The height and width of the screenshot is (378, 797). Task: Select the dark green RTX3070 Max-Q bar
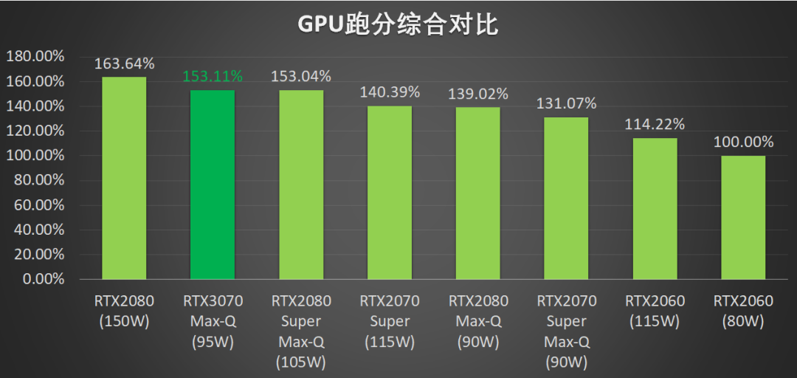click(213, 185)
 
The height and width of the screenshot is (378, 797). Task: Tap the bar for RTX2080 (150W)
click(124, 178)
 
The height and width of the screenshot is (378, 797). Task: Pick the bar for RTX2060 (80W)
click(743, 218)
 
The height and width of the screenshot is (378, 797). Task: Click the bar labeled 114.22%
click(655, 209)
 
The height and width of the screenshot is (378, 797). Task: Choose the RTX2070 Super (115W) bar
click(390, 193)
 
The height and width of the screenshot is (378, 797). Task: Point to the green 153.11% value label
click(213, 76)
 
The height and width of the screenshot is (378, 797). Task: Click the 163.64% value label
click(124, 63)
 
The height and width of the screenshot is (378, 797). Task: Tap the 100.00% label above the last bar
click(743, 142)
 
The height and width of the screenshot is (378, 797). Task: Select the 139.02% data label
click(478, 94)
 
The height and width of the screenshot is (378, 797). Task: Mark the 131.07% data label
click(567, 103)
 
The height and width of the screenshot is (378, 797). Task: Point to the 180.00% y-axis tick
click(35, 56)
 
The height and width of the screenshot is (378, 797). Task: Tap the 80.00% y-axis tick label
click(38, 180)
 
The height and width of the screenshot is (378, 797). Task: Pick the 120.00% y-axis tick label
click(35, 131)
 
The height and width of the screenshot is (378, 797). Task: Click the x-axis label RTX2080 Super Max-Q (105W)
click(301, 331)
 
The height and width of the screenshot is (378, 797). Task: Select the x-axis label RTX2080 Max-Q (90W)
click(478, 321)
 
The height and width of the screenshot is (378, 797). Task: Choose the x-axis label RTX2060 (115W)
click(655, 311)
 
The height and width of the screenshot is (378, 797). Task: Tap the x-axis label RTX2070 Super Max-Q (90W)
click(567, 331)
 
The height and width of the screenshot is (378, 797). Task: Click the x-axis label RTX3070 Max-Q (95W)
click(213, 321)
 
